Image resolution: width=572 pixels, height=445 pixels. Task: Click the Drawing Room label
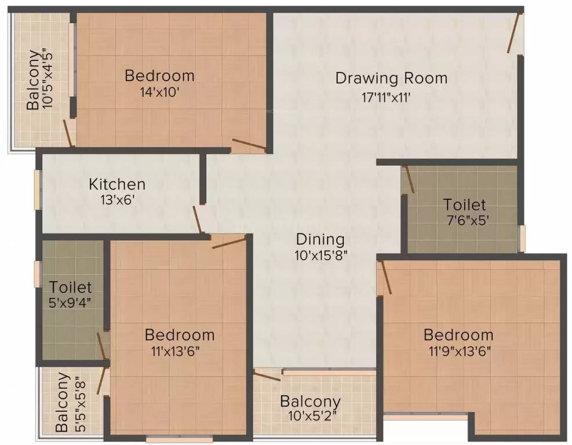click(391, 78)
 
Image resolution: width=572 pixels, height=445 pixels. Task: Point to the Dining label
click(320, 239)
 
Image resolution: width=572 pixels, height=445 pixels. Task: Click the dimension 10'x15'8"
click(320, 254)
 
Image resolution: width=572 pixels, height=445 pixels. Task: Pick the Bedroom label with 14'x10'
click(159, 75)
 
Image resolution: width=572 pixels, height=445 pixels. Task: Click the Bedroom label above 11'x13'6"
click(180, 335)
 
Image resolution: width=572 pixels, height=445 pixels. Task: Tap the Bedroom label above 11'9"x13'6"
click(458, 335)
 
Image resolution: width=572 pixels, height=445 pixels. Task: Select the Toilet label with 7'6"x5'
click(464, 205)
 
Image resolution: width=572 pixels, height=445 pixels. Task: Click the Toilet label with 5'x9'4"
click(70, 287)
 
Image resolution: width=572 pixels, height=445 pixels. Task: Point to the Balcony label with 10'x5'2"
click(310, 401)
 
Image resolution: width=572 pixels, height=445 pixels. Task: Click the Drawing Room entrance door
click(514, 32)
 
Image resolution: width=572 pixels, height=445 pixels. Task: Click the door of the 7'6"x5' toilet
click(409, 180)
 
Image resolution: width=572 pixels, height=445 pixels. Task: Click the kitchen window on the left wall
click(37, 188)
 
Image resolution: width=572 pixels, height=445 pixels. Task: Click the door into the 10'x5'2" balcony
click(267, 376)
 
